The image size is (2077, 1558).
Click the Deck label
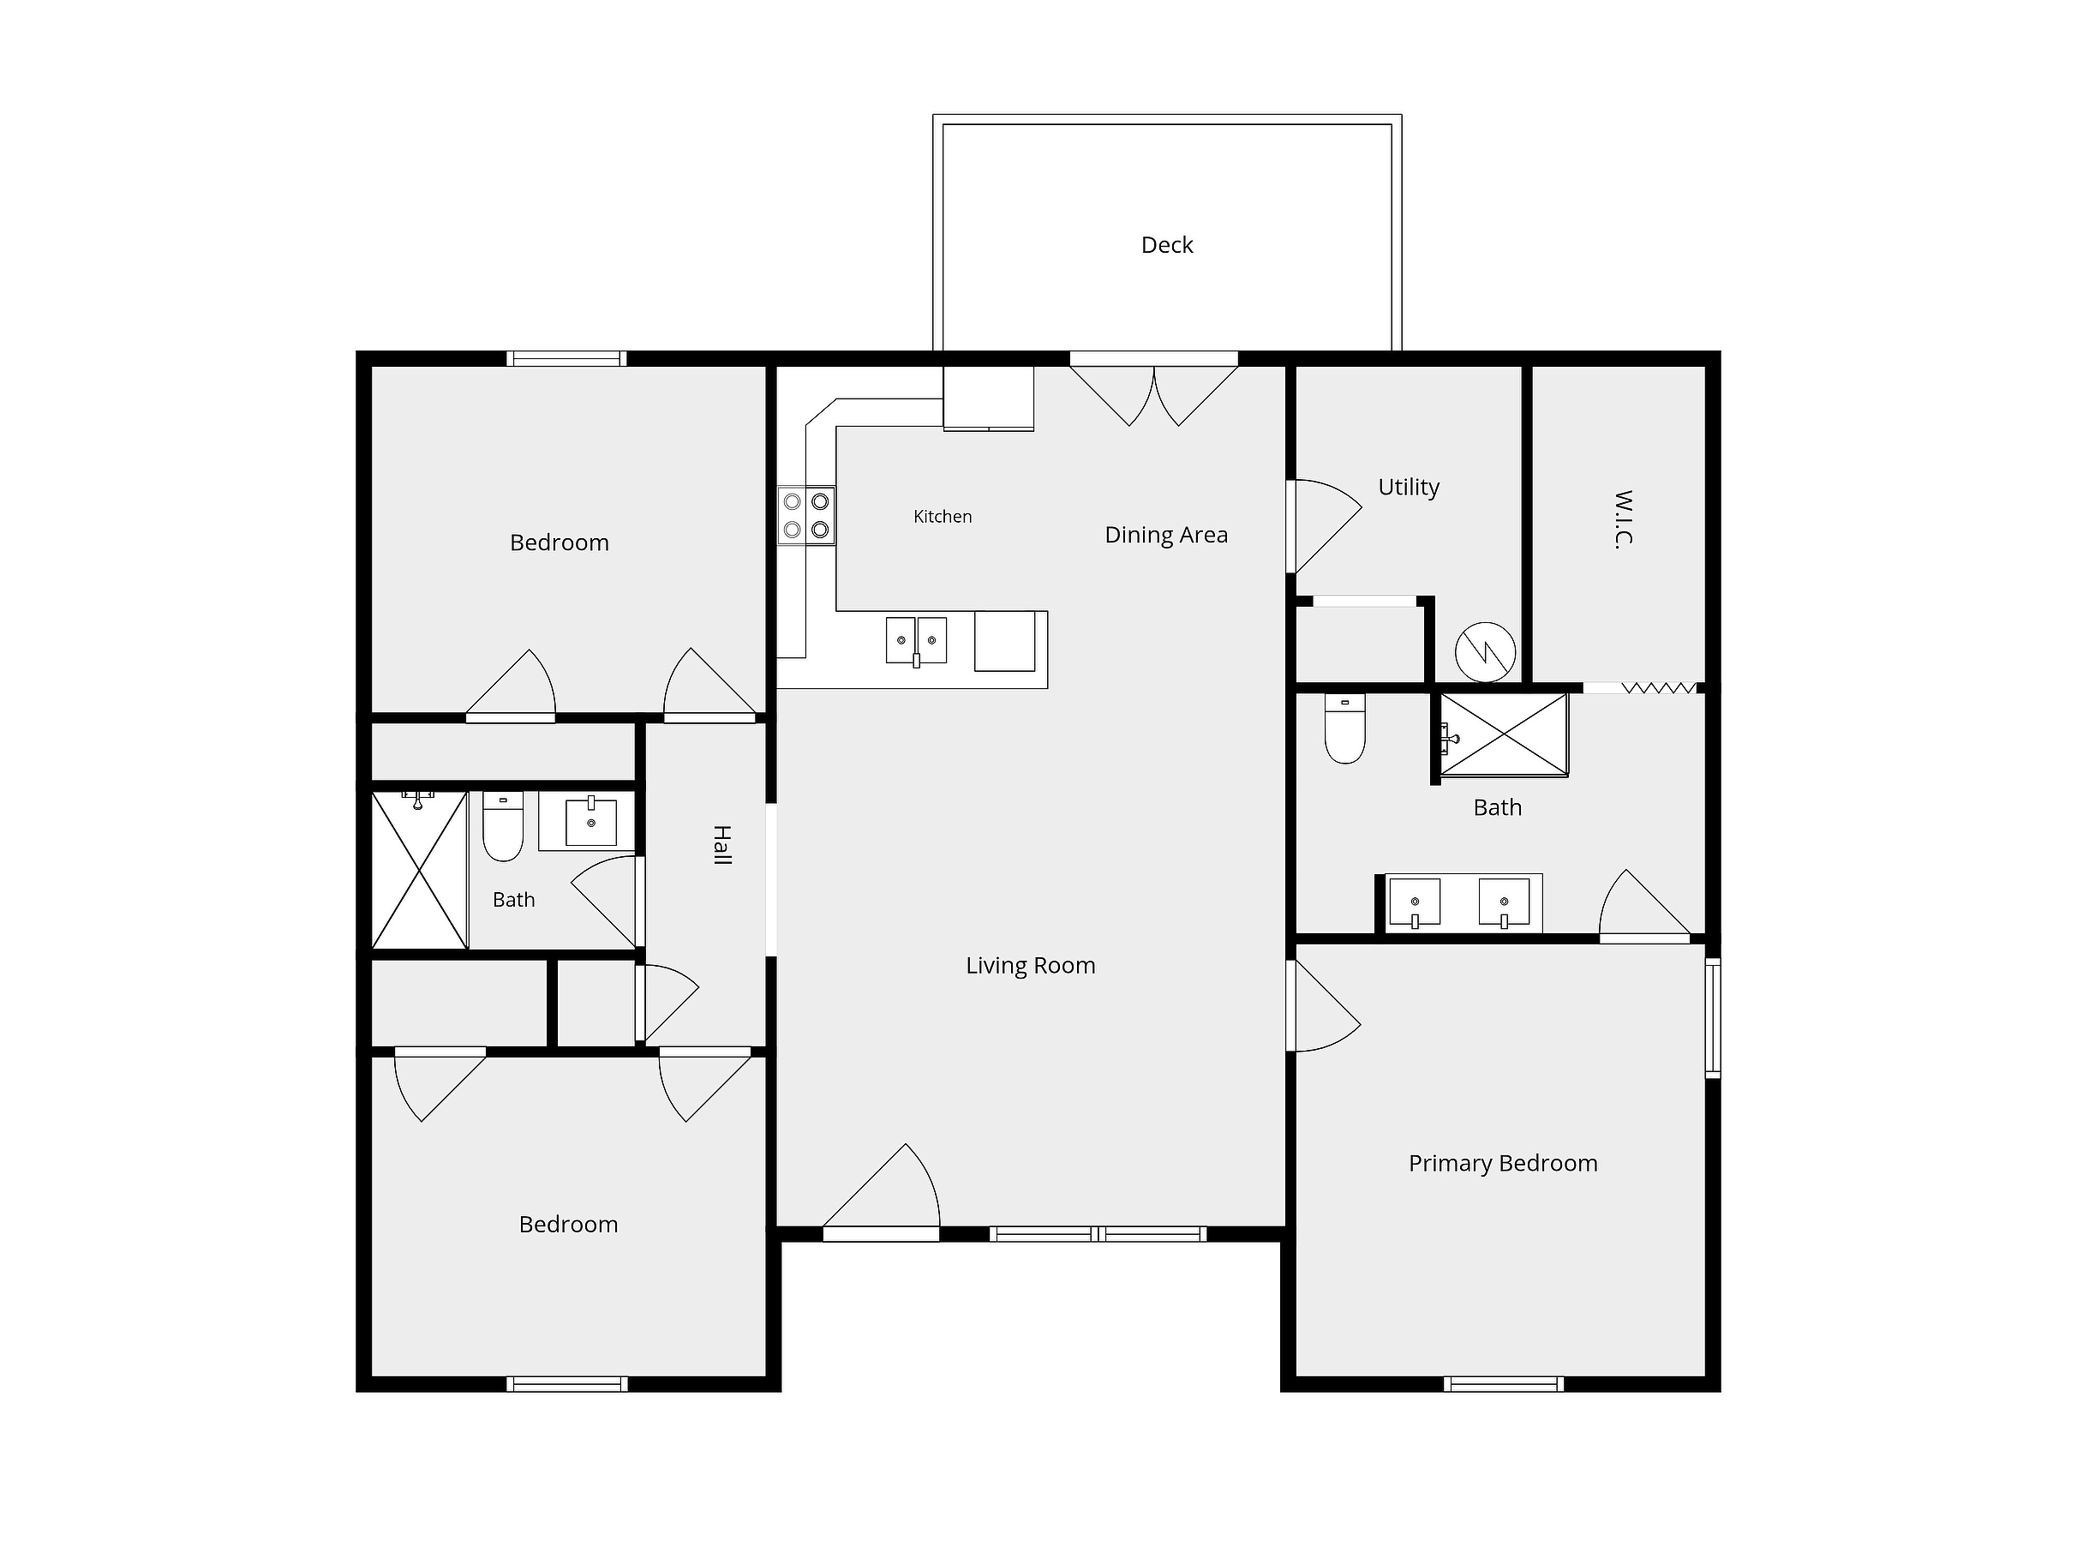click(x=1166, y=245)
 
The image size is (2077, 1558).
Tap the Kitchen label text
click(x=943, y=517)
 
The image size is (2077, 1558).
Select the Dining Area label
click(x=1166, y=535)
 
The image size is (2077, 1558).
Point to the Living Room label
click(x=1030, y=966)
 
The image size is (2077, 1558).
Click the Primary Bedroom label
click(x=1502, y=1164)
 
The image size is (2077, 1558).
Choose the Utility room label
click(x=1409, y=488)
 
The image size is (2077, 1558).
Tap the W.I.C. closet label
click(x=1624, y=518)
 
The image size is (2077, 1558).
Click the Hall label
click(x=721, y=845)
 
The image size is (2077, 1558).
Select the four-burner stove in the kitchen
click(x=806, y=516)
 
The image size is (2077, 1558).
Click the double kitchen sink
click(x=917, y=640)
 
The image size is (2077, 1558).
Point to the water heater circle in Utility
click(x=1486, y=652)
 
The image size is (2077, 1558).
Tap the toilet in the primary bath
click(x=1344, y=728)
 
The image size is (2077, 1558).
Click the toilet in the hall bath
click(x=502, y=826)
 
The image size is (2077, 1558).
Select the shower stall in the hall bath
click(x=420, y=871)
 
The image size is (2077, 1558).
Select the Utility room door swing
click(x=1324, y=526)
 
